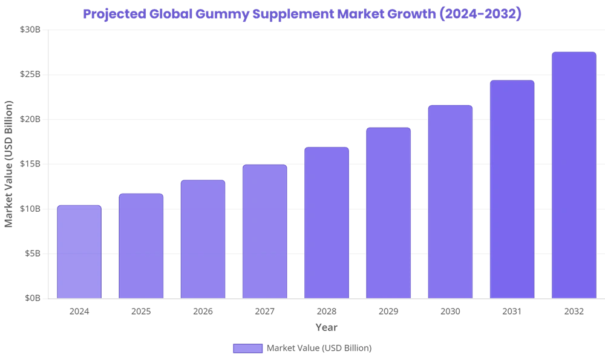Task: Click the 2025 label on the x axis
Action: tap(141, 310)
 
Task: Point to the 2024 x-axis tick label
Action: tap(79, 310)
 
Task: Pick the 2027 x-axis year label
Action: tap(265, 310)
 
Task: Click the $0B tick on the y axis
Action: tap(35, 298)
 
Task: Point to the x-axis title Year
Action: tap(327, 328)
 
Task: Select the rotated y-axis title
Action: tap(7, 163)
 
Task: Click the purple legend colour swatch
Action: tap(247, 349)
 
